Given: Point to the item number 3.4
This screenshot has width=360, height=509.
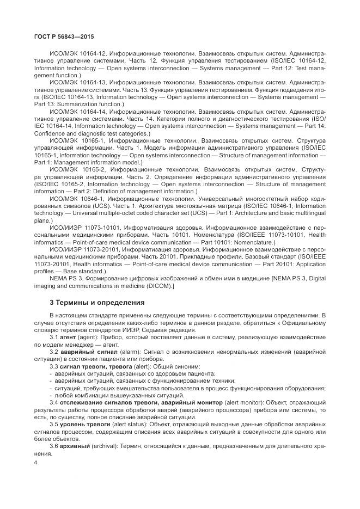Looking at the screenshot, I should point(54,402).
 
